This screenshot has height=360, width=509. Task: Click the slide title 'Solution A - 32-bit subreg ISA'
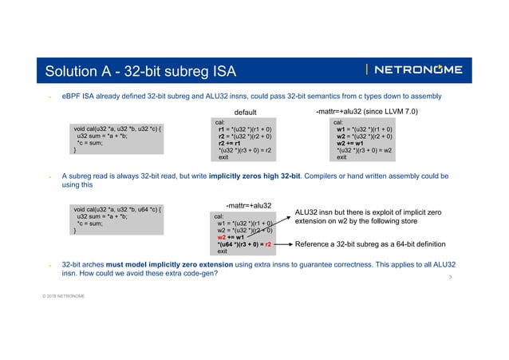click(140, 71)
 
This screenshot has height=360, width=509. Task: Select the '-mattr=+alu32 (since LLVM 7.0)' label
click(368, 112)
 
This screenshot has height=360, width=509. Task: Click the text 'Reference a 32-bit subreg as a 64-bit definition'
click(375, 244)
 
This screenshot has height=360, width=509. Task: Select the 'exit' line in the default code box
click(223, 157)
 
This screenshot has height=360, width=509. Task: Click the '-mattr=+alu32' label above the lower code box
click(250, 204)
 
